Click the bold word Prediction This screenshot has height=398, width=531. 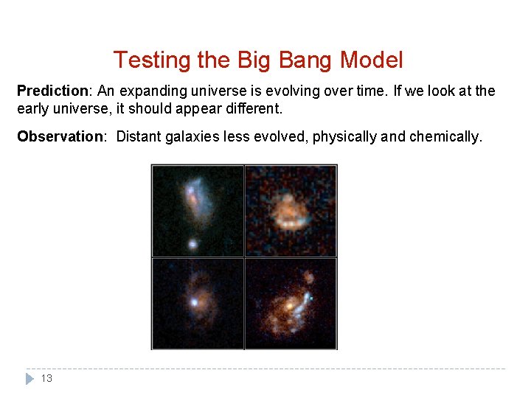point(52,91)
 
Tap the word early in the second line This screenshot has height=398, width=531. point(32,108)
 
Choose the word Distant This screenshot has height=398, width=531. point(139,136)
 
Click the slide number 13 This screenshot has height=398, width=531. point(46,379)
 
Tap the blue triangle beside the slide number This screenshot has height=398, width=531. point(29,379)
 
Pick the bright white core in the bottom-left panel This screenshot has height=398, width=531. point(194,301)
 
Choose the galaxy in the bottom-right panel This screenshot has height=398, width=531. point(293,303)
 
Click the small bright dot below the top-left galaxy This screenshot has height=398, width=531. point(192,242)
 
